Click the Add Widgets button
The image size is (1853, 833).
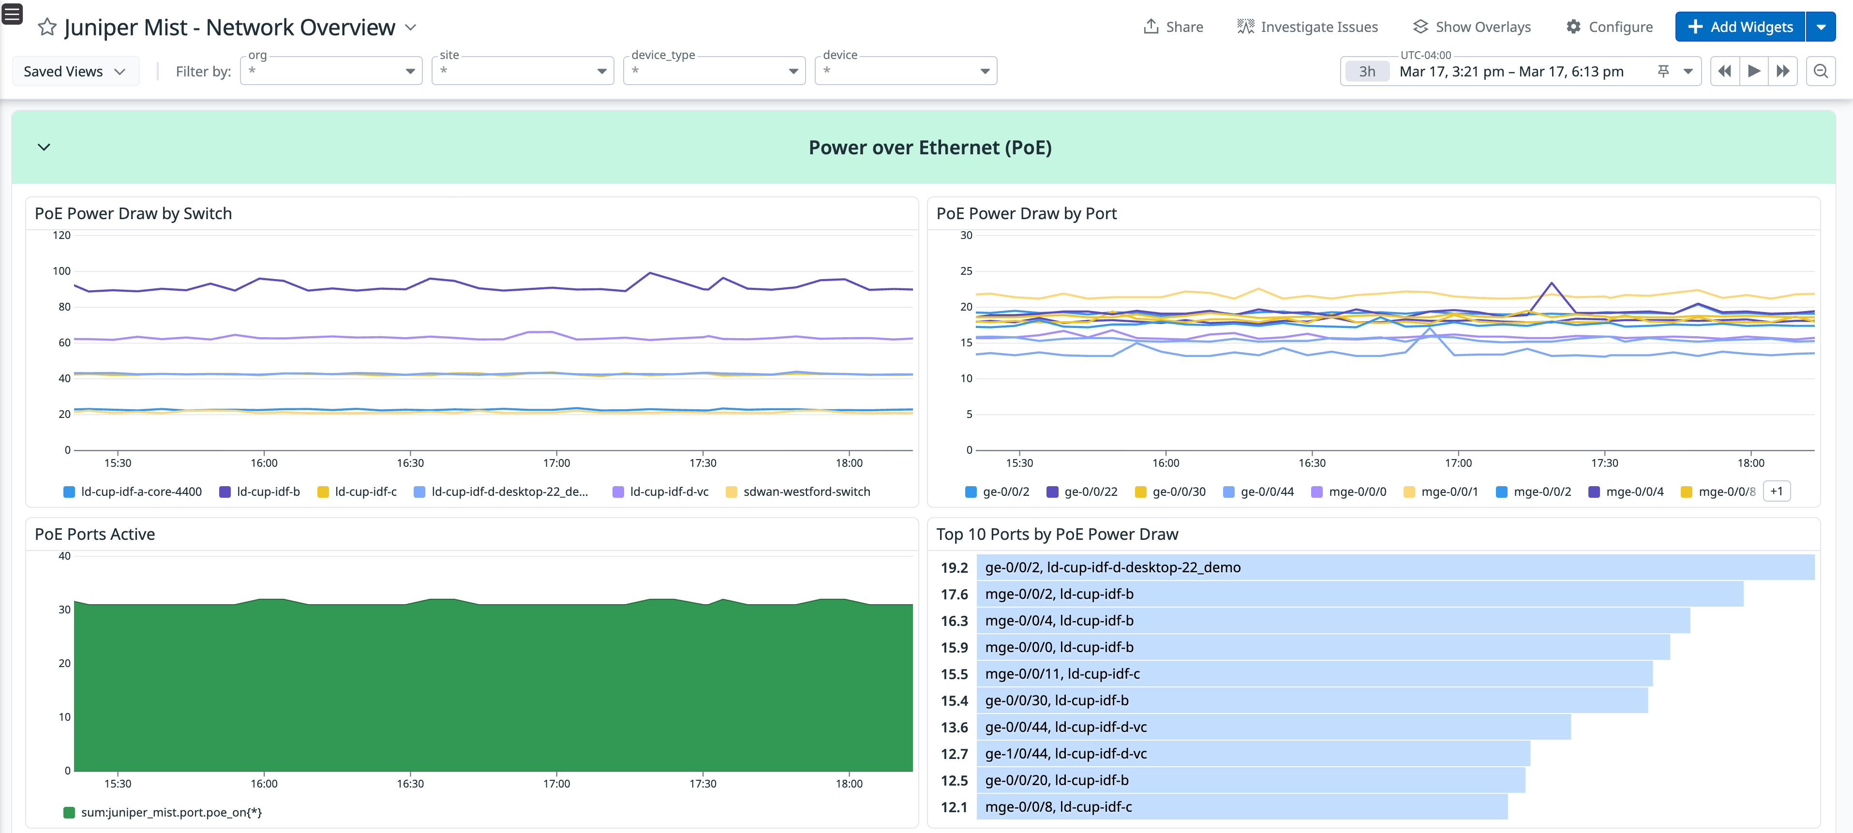click(x=1739, y=27)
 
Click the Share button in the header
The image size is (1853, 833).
click(x=1173, y=27)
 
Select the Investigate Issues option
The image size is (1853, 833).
click(x=1307, y=27)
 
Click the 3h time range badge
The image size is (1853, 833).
click(x=1367, y=71)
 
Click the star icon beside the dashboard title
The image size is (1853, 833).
click(x=47, y=28)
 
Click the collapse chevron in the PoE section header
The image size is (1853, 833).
click(x=44, y=148)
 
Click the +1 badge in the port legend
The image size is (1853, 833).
click(x=1776, y=491)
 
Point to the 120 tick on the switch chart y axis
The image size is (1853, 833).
click(x=62, y=235)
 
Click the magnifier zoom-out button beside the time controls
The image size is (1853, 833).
click(x=1821, y=71)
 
